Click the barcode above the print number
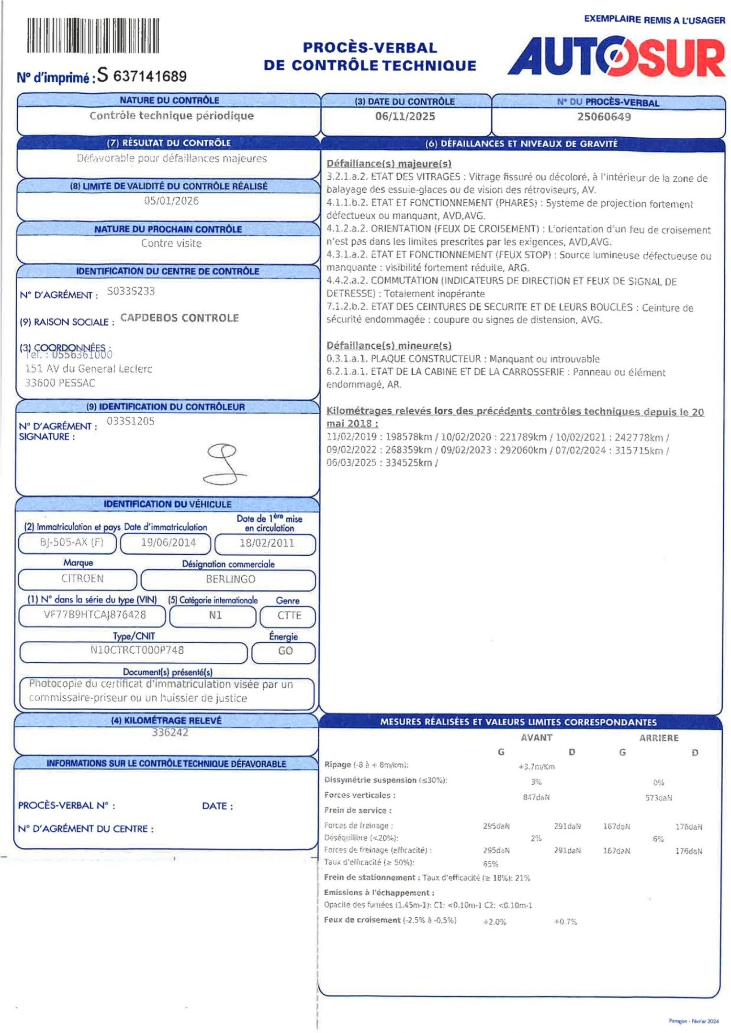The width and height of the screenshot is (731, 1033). (x=93, y=35)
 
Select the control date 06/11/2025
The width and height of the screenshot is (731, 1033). (x=405, y=117)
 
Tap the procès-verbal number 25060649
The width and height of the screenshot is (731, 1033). (x=604, y=117)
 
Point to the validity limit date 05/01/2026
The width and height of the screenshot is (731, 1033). (x=171, y=201)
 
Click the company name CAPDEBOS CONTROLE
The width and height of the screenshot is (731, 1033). (x=180, y=318)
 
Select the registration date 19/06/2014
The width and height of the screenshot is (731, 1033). (x=168, y=543)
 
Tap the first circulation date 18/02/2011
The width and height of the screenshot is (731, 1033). (x=267, y=543)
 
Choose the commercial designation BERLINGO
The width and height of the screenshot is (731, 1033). (x=230, y=579)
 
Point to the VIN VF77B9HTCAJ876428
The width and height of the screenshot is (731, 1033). (x=95, y=615)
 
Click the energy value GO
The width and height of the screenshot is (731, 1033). (x=285, y=651)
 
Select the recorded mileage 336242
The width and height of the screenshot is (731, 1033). (x=170, y=733)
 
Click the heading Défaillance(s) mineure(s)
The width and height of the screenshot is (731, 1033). (x=389, y=346)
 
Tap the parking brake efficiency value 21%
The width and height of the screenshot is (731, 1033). (x=523, y=878)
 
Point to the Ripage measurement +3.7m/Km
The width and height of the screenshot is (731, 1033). (x=536, y=767)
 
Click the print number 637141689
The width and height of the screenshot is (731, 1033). (x=150, y=77)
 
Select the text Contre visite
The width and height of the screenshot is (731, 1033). (x=171, y=243)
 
